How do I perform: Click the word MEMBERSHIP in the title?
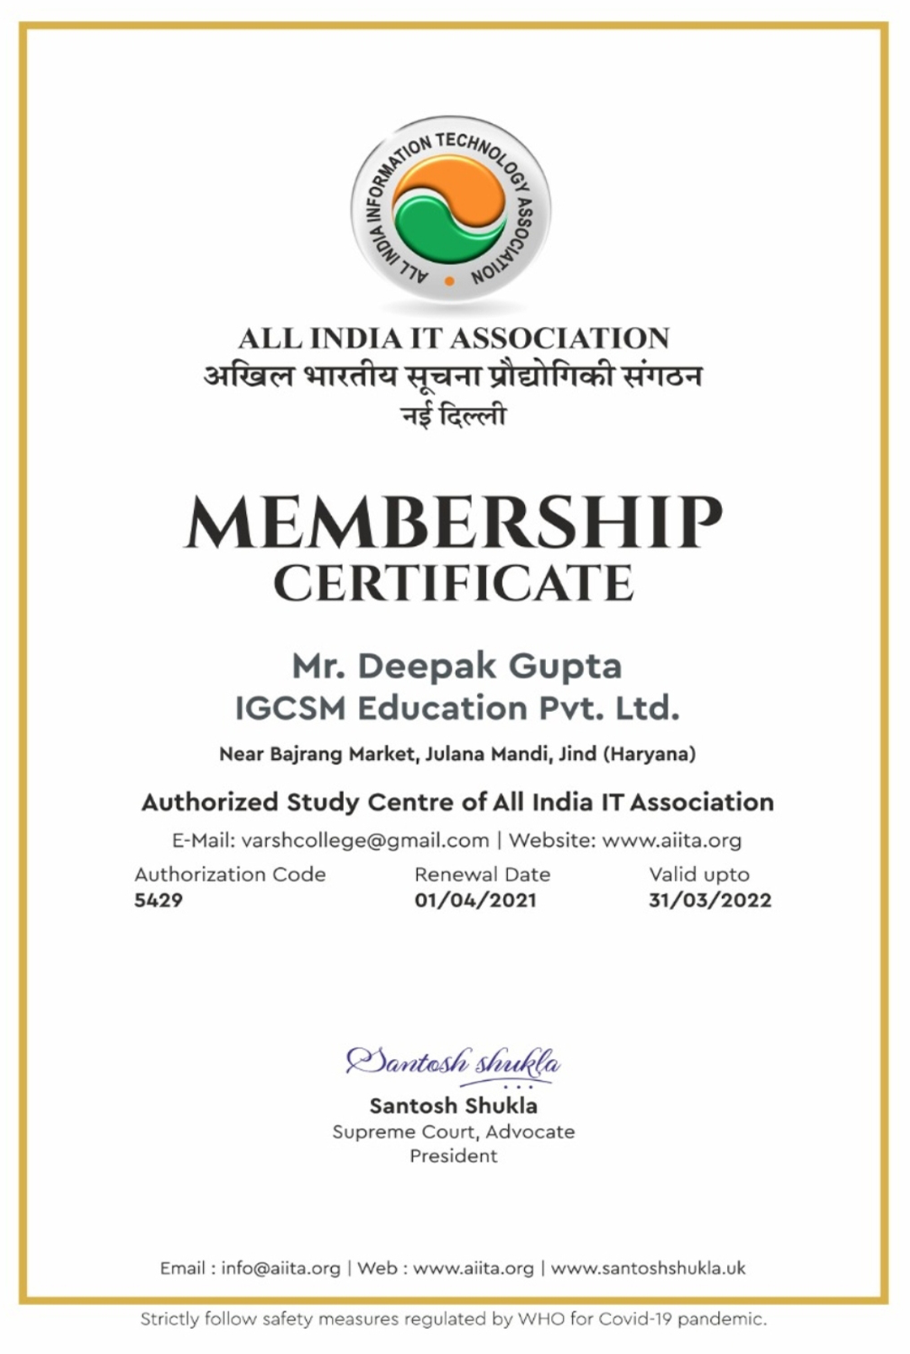coord(453,523)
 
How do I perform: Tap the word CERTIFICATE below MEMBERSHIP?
coord(453,583)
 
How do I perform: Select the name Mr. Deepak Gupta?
coord(457,666)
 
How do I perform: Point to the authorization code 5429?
coord(158,900)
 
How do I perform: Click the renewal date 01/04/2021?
coord(475,900)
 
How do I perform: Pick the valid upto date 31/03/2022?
coord(709,900)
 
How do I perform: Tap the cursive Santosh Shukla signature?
coord(453,1062)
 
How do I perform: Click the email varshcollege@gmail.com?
coord(365,840)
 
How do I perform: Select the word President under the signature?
coord(453,1155)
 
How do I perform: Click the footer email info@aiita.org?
coord(281,1268)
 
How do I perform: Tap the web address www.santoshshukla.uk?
coord(648,1268)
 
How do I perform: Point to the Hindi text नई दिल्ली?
coord(453,415)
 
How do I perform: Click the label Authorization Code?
coord(230,875)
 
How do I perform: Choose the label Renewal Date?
coord(482,875)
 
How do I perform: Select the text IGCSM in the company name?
coord(290,708)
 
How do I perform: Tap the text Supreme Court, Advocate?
coord(453,1132)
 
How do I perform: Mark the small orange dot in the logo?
coord(449,281)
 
